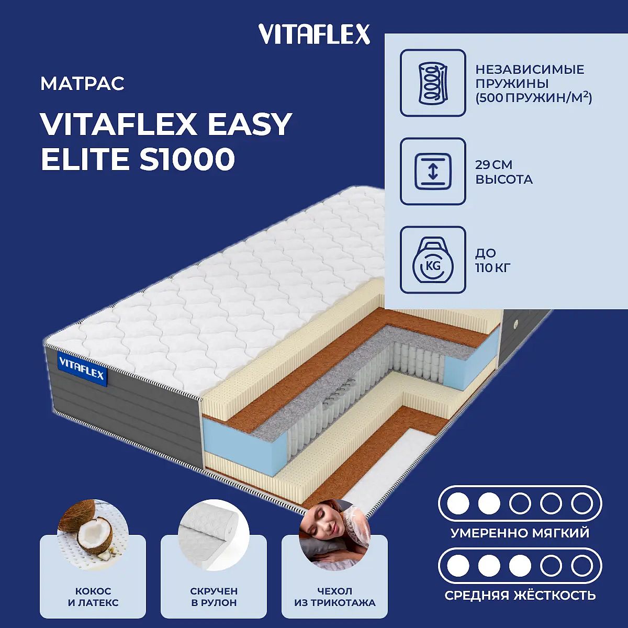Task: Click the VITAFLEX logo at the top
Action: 314,35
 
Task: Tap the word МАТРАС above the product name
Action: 83,83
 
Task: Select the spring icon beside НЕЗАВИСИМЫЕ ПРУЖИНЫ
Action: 433,83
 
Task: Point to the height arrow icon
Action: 433,171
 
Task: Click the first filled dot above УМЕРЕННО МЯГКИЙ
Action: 458,503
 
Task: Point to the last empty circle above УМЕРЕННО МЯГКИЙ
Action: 582,503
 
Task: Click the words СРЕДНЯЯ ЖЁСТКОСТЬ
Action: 520,596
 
